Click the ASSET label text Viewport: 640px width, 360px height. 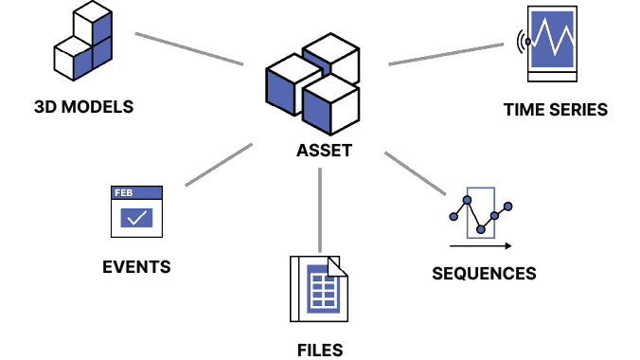point(324,151)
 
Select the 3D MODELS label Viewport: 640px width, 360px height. point(83,107)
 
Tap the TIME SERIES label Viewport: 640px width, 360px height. point(556,110)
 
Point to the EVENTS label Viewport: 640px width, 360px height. point(136,266)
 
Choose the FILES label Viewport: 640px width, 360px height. point(319,350)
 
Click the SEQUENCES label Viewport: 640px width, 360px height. point(484,274)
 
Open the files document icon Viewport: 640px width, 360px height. point(319,291)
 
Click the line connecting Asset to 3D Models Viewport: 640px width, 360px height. point(188,48)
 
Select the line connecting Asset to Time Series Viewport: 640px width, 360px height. point(447,53)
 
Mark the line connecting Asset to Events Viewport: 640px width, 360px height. point(219,164)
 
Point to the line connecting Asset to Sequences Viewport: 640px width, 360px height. point(414,173)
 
